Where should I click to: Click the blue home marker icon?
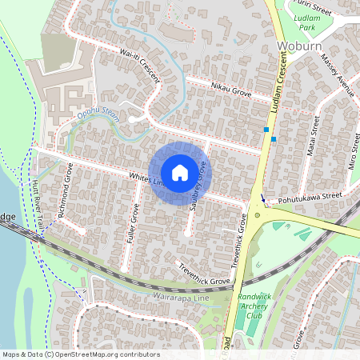[x=180, y=173]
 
